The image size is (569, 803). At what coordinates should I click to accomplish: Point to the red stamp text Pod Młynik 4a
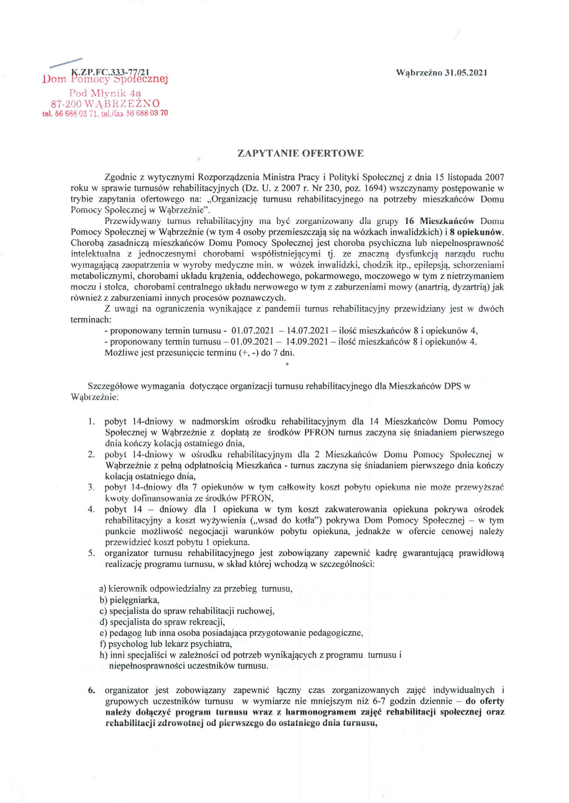coord(105,93)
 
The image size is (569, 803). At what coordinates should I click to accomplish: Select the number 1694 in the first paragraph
coord(374,188)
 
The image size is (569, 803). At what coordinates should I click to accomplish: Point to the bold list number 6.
coord(92,690)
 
